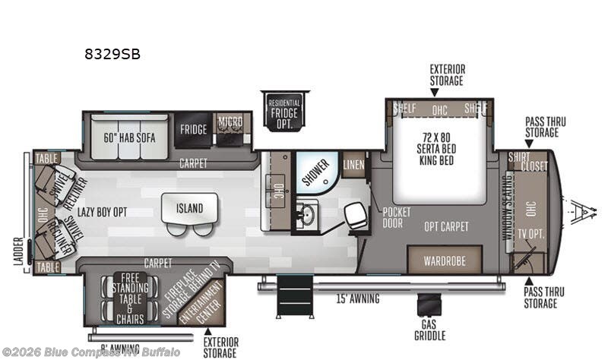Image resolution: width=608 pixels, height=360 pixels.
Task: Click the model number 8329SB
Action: pos(112,55)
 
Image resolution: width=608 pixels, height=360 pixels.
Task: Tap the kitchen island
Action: pos(190,207)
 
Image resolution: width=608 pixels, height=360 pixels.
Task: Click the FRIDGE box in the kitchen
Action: pos(193,129)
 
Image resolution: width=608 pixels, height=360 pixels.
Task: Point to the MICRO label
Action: pos(230,122)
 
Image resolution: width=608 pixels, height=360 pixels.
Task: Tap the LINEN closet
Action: pos(353,166)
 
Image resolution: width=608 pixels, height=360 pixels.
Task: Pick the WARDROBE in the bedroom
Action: pos(444,261)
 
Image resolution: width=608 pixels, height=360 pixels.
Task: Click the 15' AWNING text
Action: pos(357,298)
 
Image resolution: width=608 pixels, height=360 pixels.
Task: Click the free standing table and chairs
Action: pos(130,298)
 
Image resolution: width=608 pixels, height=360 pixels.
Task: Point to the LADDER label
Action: pos(19,256)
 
